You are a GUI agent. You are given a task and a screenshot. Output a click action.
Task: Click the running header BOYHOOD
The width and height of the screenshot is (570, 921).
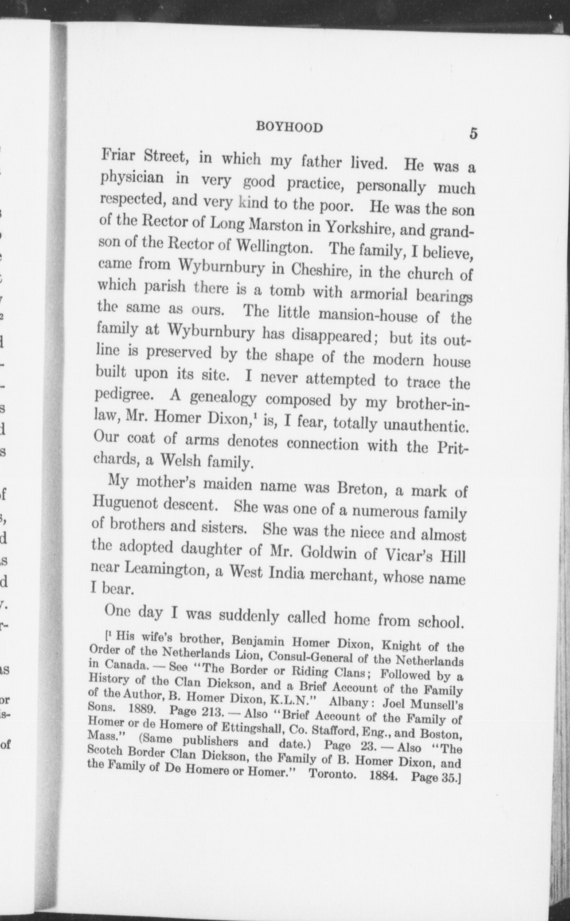click(289, 127)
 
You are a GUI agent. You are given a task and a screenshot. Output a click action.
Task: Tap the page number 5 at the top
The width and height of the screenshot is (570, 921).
click(472, 134)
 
